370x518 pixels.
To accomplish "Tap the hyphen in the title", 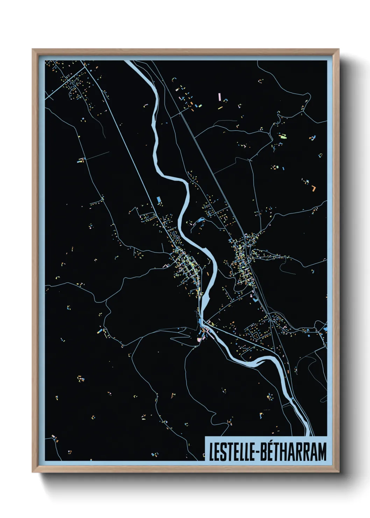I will pos(258,453).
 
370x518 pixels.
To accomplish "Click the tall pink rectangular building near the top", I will pos(219,96).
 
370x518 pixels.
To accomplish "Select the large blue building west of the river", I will pos(159,199).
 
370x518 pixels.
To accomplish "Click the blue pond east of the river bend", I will pos(201,220).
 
